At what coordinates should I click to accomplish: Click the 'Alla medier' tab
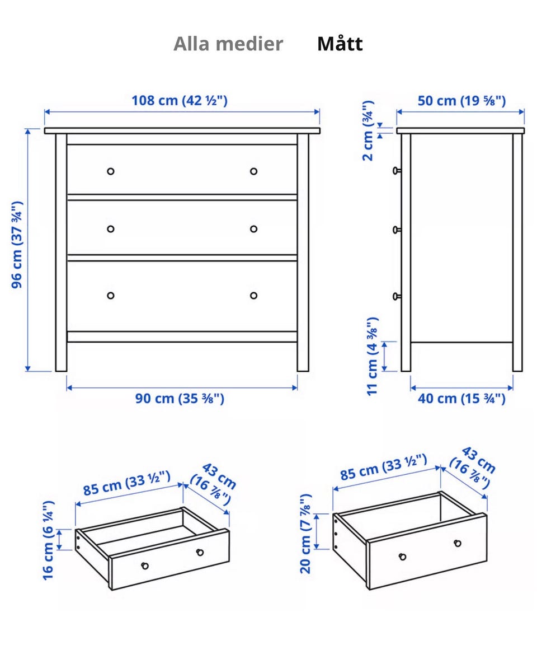(228, 44)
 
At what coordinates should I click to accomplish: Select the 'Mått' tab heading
(340, 44)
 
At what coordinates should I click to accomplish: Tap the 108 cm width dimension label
(180, 100)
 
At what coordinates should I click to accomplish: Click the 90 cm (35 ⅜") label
(180, 398)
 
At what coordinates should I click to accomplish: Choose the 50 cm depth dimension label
(461, 100)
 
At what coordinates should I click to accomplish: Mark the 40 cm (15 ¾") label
(461, 398)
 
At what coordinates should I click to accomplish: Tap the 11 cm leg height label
(372, 356)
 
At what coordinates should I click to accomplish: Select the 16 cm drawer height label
(49, 540)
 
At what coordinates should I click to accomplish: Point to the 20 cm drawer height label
(305, 534)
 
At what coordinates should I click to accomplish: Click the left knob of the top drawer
(111, 171)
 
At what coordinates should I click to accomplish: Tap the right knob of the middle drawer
(253, 228)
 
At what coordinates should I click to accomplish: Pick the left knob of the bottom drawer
(111, 296)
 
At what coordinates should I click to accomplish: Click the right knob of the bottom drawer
(253, 296)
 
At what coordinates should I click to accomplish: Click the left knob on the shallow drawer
(145, 565)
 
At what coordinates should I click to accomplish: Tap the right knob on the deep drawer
(458, 543)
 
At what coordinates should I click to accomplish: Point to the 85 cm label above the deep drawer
(384, 468)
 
